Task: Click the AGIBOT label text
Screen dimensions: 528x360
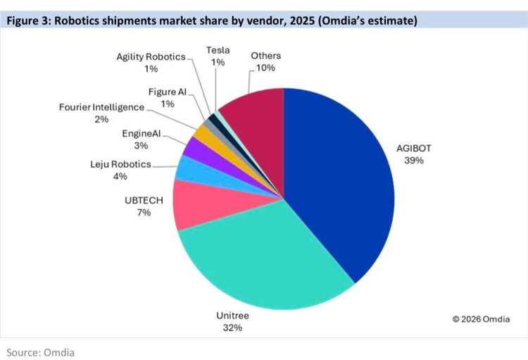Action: pyautogui.click(x=413, y=149)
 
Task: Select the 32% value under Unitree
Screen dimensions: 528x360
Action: pyautogui.click(x=232, y=328)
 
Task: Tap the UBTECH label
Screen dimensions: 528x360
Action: pyautogui.click(x=144, y=201)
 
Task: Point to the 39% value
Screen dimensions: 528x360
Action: pyautogui.click(x=414, y=161)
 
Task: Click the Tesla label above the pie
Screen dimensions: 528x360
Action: pyautogui.click(x=218, y=50)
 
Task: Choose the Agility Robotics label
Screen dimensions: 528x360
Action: pyautogui.click(x=151, y=56)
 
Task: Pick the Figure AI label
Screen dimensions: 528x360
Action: pyautogui.click(x=168, y=92)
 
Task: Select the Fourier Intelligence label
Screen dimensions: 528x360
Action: pyautogui.click(x=101, y=107)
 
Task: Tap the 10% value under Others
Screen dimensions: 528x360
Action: pyautogui.click(x=265, y=68)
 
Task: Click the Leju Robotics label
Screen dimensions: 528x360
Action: pyautogui.click(x=120, y=164)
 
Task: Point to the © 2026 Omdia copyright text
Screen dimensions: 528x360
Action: pyautogui.click(x=481, y=319)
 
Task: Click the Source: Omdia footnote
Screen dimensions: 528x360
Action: pyautogui.click(x=40, y=352)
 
